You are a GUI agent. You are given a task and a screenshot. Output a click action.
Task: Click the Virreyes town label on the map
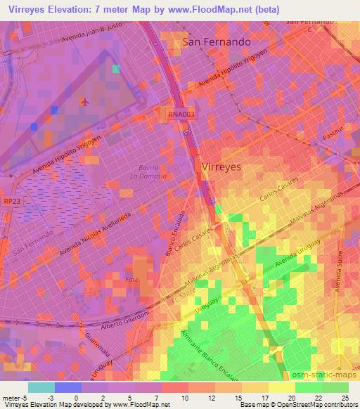pos(221,167)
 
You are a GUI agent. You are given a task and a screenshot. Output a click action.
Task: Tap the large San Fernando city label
pos(216,42)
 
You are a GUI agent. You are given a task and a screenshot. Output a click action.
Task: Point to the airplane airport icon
pos(86,103)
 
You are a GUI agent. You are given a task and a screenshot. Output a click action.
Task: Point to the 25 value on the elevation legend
pos(345,398)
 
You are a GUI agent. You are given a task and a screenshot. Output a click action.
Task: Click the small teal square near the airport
pos(115,69)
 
